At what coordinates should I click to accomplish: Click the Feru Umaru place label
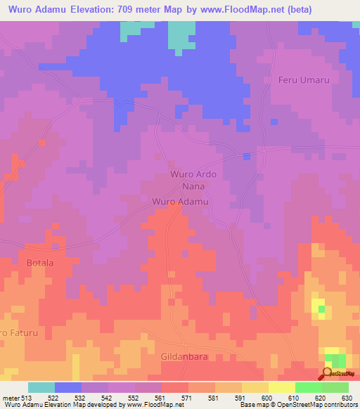[304, 80]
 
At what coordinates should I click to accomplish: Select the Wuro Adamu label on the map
[181, 202]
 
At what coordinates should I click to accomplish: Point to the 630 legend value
[347, 398]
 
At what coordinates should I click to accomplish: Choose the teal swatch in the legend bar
[41, 387]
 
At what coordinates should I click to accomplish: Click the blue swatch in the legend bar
[68, 387]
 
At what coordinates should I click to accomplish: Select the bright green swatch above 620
[309, 387]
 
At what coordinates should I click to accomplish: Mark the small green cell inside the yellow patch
[321, 309]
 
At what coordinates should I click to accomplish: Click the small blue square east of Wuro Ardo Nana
[246, 155]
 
